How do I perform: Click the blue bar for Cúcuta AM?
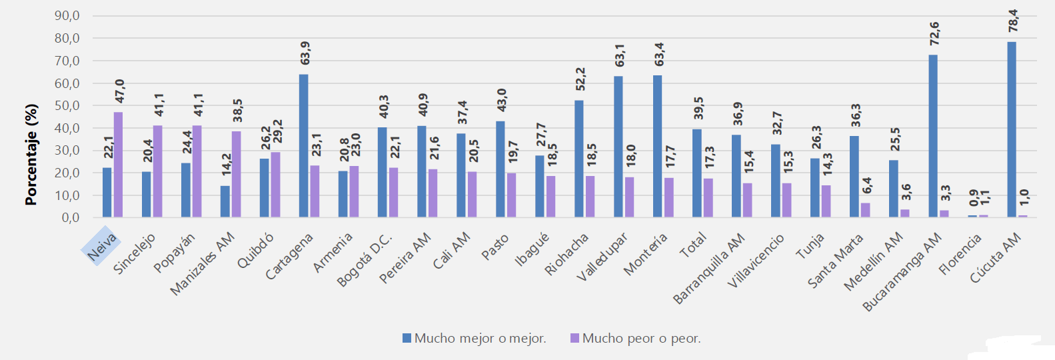(x=1011, y=129)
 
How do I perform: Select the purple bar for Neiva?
(x=118, y=165)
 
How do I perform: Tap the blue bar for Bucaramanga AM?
(x=932, y=136)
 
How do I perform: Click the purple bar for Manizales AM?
(x=236, y=174)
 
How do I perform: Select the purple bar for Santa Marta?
(x=865, y=210)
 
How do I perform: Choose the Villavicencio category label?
(x=756, y=261)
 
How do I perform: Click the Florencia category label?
(x=960, y=254)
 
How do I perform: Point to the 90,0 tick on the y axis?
(x=67, y=16)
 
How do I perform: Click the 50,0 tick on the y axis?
(x=67, y=105)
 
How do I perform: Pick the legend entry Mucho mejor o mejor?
(x=474, y=339)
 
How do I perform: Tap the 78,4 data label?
(x=1013, y=21)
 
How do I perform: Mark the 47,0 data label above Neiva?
(x=120, y=91)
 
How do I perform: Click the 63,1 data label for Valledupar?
(x=620, y=55)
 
